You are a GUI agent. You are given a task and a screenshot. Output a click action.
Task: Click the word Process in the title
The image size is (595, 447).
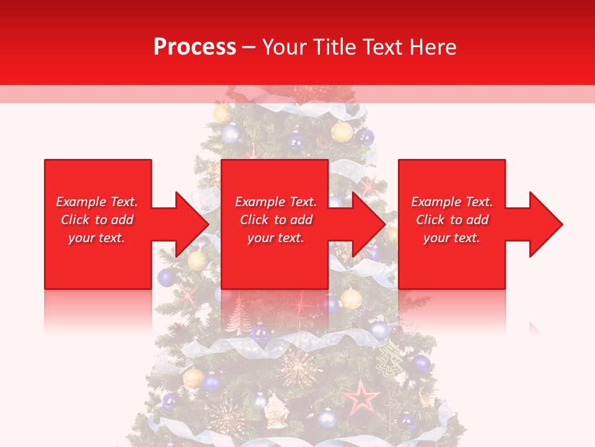(x=195, y=47)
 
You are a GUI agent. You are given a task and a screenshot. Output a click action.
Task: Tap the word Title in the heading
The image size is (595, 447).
(x=332, y=47)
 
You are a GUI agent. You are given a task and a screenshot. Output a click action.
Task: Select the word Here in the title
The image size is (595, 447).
(x=434, y=47)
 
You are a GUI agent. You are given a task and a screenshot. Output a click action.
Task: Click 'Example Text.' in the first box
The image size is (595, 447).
(x=97, y=202)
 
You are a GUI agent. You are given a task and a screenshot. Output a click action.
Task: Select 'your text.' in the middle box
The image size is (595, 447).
(x=275, y=238)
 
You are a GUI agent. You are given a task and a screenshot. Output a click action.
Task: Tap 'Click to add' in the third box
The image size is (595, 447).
(x=452, y=220)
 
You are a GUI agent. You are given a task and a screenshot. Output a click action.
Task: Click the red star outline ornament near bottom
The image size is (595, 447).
(x=362, y=397)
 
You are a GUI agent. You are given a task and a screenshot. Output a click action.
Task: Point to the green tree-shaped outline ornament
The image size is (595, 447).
(x=389, y=360)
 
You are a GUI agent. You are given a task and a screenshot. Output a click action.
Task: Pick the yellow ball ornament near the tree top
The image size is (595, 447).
(x=342, y=132)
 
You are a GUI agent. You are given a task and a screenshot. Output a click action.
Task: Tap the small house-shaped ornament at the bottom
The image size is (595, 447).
(x=275, y=411)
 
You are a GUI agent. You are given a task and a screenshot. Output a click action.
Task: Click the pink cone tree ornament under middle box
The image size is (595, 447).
(x=238, y=317)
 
